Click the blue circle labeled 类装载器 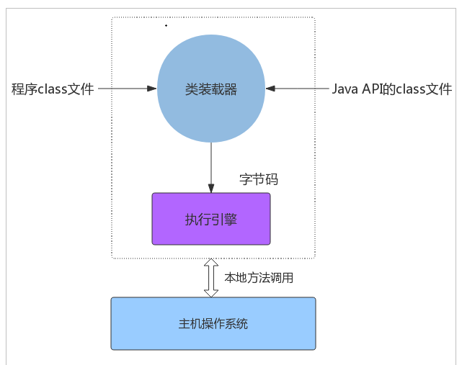[x=211, y=89]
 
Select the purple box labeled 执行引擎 [x=211, y=219]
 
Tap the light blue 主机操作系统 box [x=213, y=323]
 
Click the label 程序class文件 [x=53, y=89]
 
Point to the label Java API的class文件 [x=392, y=89]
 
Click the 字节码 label [x=259, y=179]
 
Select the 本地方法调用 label [x=259, y=278]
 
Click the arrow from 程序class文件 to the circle [x=128, y=89]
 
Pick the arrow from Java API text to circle [x=297, y=89]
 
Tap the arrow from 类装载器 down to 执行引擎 [x=211, y=168]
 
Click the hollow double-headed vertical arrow [x=211, y=278]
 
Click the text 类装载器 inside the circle [x=211, y=89]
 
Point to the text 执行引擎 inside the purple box [x=211, y=220]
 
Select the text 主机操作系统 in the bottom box [x=213, y=324]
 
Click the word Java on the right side [x=345, y=89]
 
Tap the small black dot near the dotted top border [x=166, y=26]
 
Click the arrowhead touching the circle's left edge [x=152, y=89]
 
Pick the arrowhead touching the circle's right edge [x=270, y=89]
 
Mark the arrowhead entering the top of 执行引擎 [x=211, y=189]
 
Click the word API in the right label [x=371, y=89]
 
